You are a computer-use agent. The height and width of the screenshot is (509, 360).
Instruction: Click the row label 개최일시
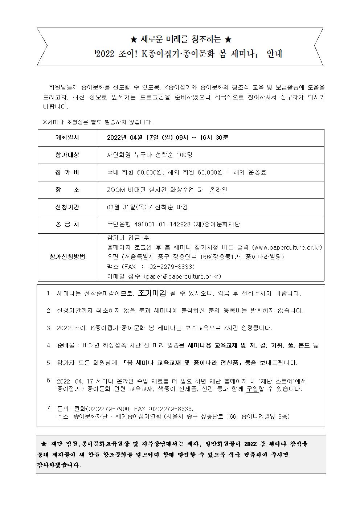pyautogui.click(x=67, y=138)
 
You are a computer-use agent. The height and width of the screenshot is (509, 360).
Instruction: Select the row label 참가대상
pyautogui.click(x=67, y=155)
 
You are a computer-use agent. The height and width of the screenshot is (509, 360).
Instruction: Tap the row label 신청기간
pyautogui.click(x=67, y=207)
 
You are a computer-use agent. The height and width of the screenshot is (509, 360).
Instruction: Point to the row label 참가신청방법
pyautogui.click(x=67, y=257)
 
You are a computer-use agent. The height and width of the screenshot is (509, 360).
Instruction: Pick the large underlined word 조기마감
pyautogui.click(x=152, y=293)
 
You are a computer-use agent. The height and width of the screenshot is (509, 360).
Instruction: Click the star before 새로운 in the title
pyautogui.click(x=133, y=39)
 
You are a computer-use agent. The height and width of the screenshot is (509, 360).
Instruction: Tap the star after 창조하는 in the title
pyautogui.click(x=228, y=39)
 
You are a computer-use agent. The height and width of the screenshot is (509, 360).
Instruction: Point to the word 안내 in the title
pyautogui.click(x=274, y=54)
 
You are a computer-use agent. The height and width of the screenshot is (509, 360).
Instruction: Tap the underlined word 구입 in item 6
pyautogui.click(x=253, y=389)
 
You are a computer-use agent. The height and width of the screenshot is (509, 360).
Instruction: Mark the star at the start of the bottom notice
pyautogui.click(x=44, y=444)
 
